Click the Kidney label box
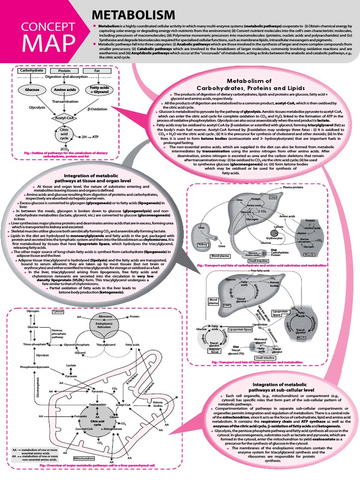203,244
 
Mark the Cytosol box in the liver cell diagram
58,311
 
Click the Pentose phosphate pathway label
56,333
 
